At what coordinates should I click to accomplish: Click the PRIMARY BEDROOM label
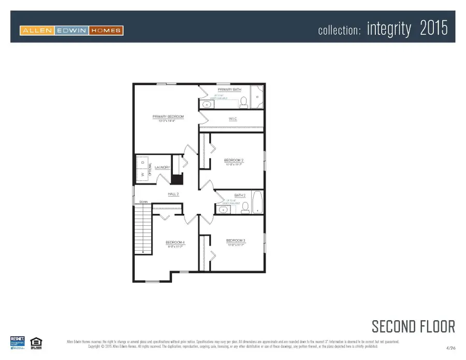tap(168, 117)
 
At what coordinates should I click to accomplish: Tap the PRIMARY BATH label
tap(229, 90)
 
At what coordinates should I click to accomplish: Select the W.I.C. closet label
tap(232, 119)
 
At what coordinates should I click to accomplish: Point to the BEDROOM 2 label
tap(234, 161)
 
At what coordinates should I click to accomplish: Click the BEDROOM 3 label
tap(236, 240)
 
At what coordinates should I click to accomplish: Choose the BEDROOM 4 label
tap(175, 242)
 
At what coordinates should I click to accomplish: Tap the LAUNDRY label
tap(162, 167)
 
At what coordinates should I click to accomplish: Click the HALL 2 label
tap(173, 194)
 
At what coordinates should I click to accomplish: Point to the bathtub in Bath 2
tap(257, 203)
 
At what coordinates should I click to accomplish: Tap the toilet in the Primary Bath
tap(243, 103)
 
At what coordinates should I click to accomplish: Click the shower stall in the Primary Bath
tap(257, 96)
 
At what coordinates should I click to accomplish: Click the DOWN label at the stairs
tap(144, 201)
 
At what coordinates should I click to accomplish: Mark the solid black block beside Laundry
tap(177, 180)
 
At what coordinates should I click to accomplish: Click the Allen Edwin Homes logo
tap(71, 31)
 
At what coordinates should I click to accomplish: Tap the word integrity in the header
tap(389, 29)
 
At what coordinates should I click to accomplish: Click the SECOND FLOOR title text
tap(413, 326)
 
